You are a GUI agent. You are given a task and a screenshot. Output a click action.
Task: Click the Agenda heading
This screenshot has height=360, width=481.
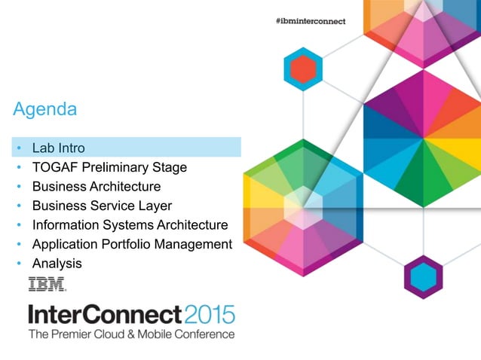pyautogui.click(x=44, y=110)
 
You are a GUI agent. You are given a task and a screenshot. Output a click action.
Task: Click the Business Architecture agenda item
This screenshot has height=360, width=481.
pyautogui.click(x=96, y=186)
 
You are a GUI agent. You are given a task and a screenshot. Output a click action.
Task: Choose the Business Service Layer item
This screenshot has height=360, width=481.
pyautogui.click(x=102, y=206)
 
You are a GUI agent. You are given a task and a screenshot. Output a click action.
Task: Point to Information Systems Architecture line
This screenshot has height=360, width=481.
pyautogui.click(x=130, y=225)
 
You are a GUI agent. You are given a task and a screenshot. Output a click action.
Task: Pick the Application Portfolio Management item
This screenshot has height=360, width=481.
pyautogui.click(x=132, y=244)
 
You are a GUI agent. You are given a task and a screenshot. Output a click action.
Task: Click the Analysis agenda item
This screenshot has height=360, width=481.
pyautogui.click(x=57, y=264)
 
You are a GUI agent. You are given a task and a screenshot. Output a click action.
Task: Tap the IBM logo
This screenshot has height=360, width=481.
pyautogui.click(x=47, y=285)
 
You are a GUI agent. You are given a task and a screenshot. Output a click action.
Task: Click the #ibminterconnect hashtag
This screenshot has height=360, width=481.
pyautogui.click(x=310, y=21)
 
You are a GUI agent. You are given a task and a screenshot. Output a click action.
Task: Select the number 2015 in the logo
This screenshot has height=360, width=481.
pyautogui.click(x=210, y=314)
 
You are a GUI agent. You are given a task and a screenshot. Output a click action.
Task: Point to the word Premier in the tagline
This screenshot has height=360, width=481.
pyautogui.click(x=75, y=334)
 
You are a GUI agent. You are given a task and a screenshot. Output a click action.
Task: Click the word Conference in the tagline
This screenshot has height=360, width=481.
pyautogui.click(x=203, y=334)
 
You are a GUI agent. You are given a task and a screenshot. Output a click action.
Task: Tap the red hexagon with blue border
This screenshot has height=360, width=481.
pyautogui.click(x=303, y=70)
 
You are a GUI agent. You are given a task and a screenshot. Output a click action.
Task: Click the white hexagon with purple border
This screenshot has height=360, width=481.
pyautogui.click(x=423, y=276)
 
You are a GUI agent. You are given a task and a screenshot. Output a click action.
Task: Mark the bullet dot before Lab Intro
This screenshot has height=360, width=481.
pyautogui.click(x=18, y=148)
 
